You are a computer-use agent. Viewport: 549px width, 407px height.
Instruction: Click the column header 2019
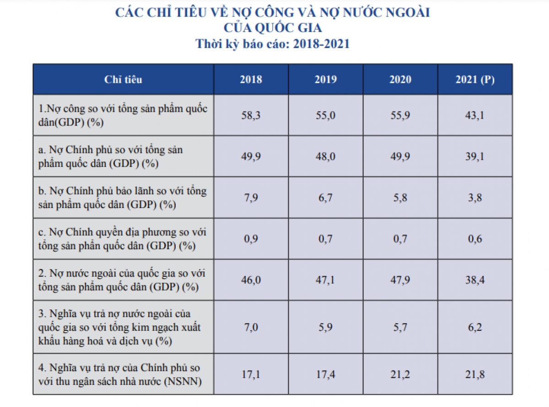[x=325, y=79]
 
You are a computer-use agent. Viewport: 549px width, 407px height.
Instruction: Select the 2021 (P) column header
[x=475, y=79]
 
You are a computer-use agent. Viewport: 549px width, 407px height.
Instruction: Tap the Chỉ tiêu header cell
[x=123, y=79]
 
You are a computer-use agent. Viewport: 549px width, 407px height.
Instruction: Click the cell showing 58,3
[x=251, y=115]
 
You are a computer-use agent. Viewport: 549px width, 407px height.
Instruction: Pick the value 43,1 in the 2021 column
[x=475, y=115]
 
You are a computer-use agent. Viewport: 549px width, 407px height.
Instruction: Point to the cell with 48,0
[x=325, y=156]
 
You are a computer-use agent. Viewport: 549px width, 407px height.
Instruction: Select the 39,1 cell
[x=475, y=156]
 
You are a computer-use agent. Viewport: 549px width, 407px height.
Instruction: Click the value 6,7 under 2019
[x=325, y=198]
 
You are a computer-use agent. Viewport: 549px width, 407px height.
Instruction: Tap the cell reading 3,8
[x=475, y=198]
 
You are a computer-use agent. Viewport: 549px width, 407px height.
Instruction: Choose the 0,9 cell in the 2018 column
[x=251, y=239]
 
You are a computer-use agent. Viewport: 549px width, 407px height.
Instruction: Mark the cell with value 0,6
[x=475, y=239]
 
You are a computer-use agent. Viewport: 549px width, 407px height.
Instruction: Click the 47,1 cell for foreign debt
[x=325, y=280]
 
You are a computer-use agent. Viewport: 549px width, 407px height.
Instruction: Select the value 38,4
[x=475, y=280]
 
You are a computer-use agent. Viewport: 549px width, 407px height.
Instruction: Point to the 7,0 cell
[x=251, y=327]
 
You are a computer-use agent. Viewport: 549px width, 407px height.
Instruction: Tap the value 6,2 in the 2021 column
[x=475, y=327]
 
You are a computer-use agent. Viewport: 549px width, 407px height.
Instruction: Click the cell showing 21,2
[x=400, y=374]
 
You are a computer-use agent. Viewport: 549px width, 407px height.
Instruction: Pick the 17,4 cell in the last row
[x=325, y=374]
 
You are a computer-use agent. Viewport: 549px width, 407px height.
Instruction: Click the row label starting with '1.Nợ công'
[x=123, y=115]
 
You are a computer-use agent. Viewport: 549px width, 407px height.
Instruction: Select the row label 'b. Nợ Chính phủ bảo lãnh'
[x=123, y=198]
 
